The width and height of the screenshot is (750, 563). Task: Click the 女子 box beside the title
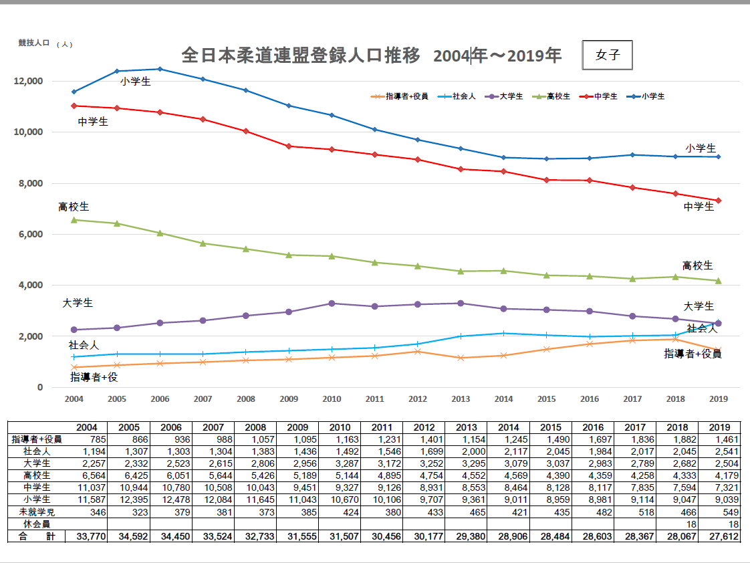(x=607, y=55)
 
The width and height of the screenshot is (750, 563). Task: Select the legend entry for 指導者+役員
(x=406, y=96)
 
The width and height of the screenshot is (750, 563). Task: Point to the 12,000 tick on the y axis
(x=29, y=81)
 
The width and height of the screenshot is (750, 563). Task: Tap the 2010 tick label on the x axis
(x=332, y=399)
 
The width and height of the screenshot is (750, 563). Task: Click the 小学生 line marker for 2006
(x=160, y=69)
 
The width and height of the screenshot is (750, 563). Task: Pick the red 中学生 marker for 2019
(x=718, y=201)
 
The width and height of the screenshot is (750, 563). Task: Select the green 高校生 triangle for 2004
(x=74, y=219)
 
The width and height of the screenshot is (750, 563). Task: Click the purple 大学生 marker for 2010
(x=332, y=304)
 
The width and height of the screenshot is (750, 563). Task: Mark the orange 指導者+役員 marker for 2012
(x=418, y=351)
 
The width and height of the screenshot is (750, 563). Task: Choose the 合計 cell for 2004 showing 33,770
(x=88, y=536)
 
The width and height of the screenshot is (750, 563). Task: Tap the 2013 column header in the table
(x=466, y=427)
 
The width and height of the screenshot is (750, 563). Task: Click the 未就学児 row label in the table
(x=36, y=512)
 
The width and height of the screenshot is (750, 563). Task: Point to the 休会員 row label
(x=36, y=524)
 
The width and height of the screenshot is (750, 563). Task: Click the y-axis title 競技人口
(x=34, y=43)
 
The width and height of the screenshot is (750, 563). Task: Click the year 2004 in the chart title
(x=452, y=55)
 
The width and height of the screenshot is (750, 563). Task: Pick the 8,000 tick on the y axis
(x=31, y=183)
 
